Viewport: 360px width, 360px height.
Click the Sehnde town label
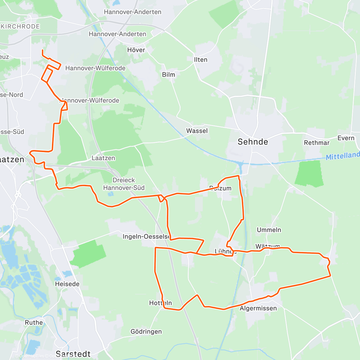point(253,142)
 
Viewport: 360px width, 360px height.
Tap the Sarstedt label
point(73,354)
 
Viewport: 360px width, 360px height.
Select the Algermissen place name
point(258,308)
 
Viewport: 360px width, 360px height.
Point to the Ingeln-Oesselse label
point(146,237)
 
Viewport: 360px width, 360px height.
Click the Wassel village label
point(197,131)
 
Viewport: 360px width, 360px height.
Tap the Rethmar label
point(316,143)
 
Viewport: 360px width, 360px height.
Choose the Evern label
point(346,138)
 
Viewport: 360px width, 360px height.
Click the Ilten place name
point(200,60)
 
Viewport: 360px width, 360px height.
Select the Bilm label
point(168,75)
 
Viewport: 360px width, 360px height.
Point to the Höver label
point(136,50)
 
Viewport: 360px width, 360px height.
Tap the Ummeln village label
point(269,230)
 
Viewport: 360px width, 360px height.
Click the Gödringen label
point(146,331)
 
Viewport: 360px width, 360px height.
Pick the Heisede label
point(67,284)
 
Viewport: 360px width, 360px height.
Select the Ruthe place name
point(34,322)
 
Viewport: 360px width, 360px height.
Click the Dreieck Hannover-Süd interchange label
point(124,184)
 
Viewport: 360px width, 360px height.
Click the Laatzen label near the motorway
point(103,158)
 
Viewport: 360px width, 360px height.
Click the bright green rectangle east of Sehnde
point(309,173)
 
